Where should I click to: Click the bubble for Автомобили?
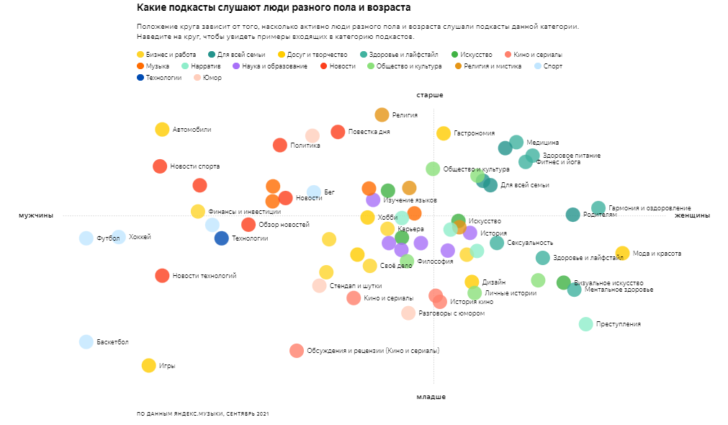tap(162, 130)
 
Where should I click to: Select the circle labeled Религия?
tap(382, 115)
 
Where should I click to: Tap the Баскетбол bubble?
tap(86, 342)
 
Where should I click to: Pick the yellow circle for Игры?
tap(148, 365)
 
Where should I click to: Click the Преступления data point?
tap(586, 324)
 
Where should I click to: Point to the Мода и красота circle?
tap(622, 253)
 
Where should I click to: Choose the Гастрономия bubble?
tap(444, 133)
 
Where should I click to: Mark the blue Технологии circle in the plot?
tap(222, 238)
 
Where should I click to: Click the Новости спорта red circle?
tap(160, 166)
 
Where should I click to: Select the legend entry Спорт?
tap(550, 66)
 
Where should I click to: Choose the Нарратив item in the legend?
tap(202, 66)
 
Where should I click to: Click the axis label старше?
tap(429, 95)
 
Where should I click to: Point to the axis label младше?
tap(431, 397)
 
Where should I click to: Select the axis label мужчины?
tap(36, 215)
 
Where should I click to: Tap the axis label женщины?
tap(692, 215)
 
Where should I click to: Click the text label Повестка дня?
tap(369, 132)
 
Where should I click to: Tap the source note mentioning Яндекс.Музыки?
tap(202, 414)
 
